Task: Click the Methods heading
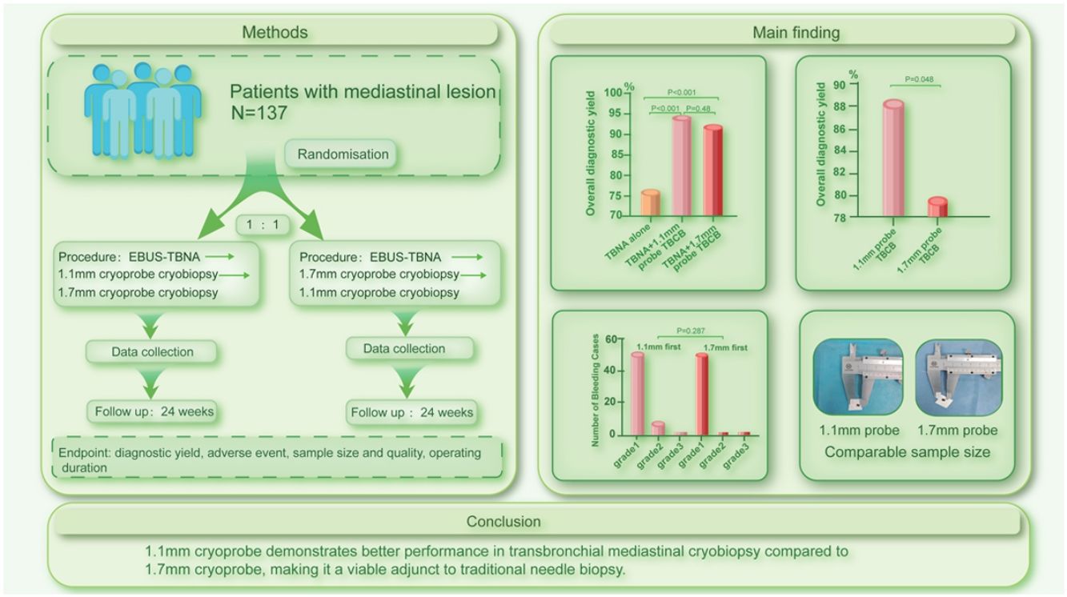(x=275, y=32)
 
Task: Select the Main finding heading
(x=796, y=32)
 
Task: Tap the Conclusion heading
(x=504, y=522)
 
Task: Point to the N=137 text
(x=259, y=114)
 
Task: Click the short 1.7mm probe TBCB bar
(x=937, y=206)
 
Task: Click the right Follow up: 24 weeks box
(x=411, y=413)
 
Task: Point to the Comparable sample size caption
(x=907, y=452)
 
